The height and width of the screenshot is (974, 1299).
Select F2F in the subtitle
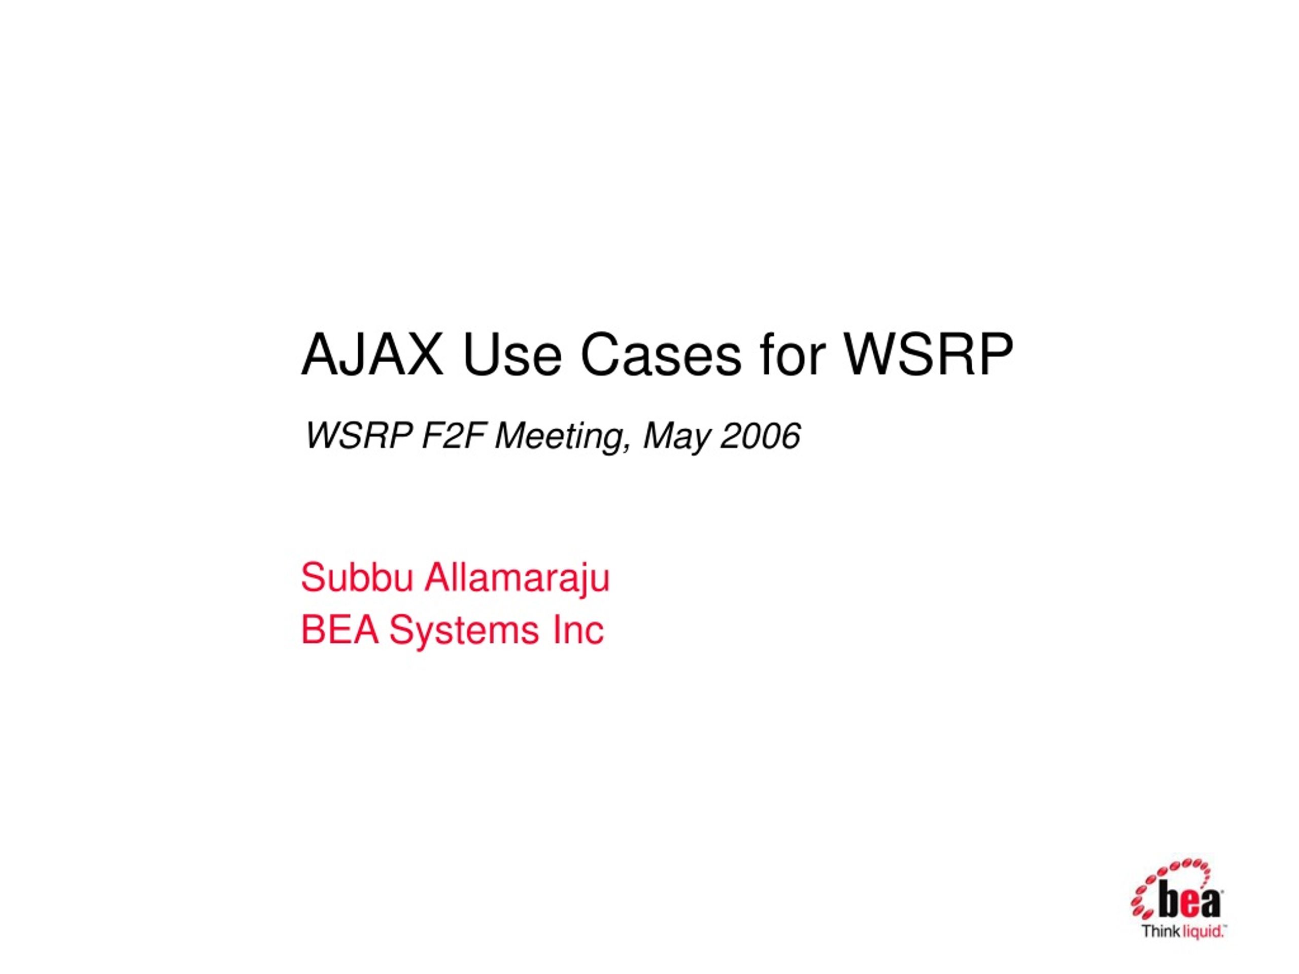453,436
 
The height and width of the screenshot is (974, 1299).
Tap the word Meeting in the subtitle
562,437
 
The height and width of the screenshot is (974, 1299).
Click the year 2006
761,436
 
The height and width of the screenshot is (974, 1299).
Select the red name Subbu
357,578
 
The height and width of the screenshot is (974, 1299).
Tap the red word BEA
340,630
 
